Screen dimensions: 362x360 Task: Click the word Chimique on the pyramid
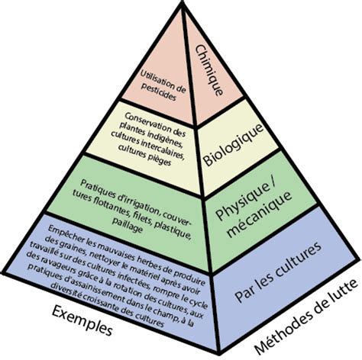point(209,70)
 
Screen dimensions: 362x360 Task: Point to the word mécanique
point(260,214)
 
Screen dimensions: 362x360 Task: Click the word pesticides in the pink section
point(159,92)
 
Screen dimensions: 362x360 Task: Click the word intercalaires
point(163,148)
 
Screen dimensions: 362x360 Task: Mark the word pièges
point(160,159)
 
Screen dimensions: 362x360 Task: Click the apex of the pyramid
point(182,2)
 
